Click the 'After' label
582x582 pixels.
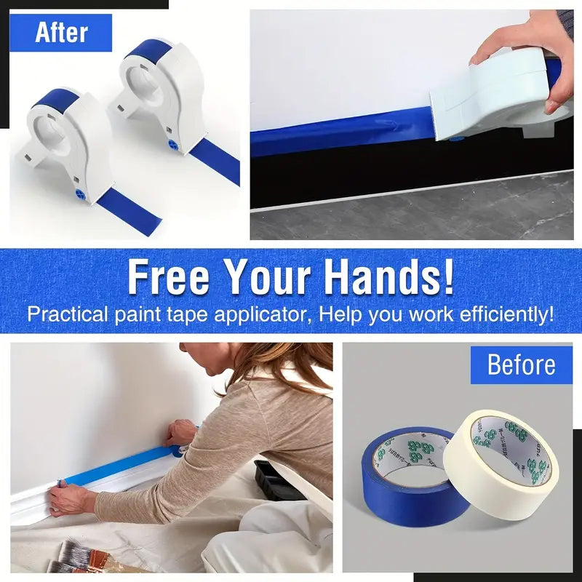click(x=62, y=33)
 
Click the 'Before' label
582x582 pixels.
click(x=521, y=364)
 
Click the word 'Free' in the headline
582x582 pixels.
click(x=170, y=277)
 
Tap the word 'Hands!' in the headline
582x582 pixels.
click(x=388, y=277)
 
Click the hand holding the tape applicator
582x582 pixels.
click(x=530, y=51)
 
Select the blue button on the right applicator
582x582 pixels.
click(x=173, y=145)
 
